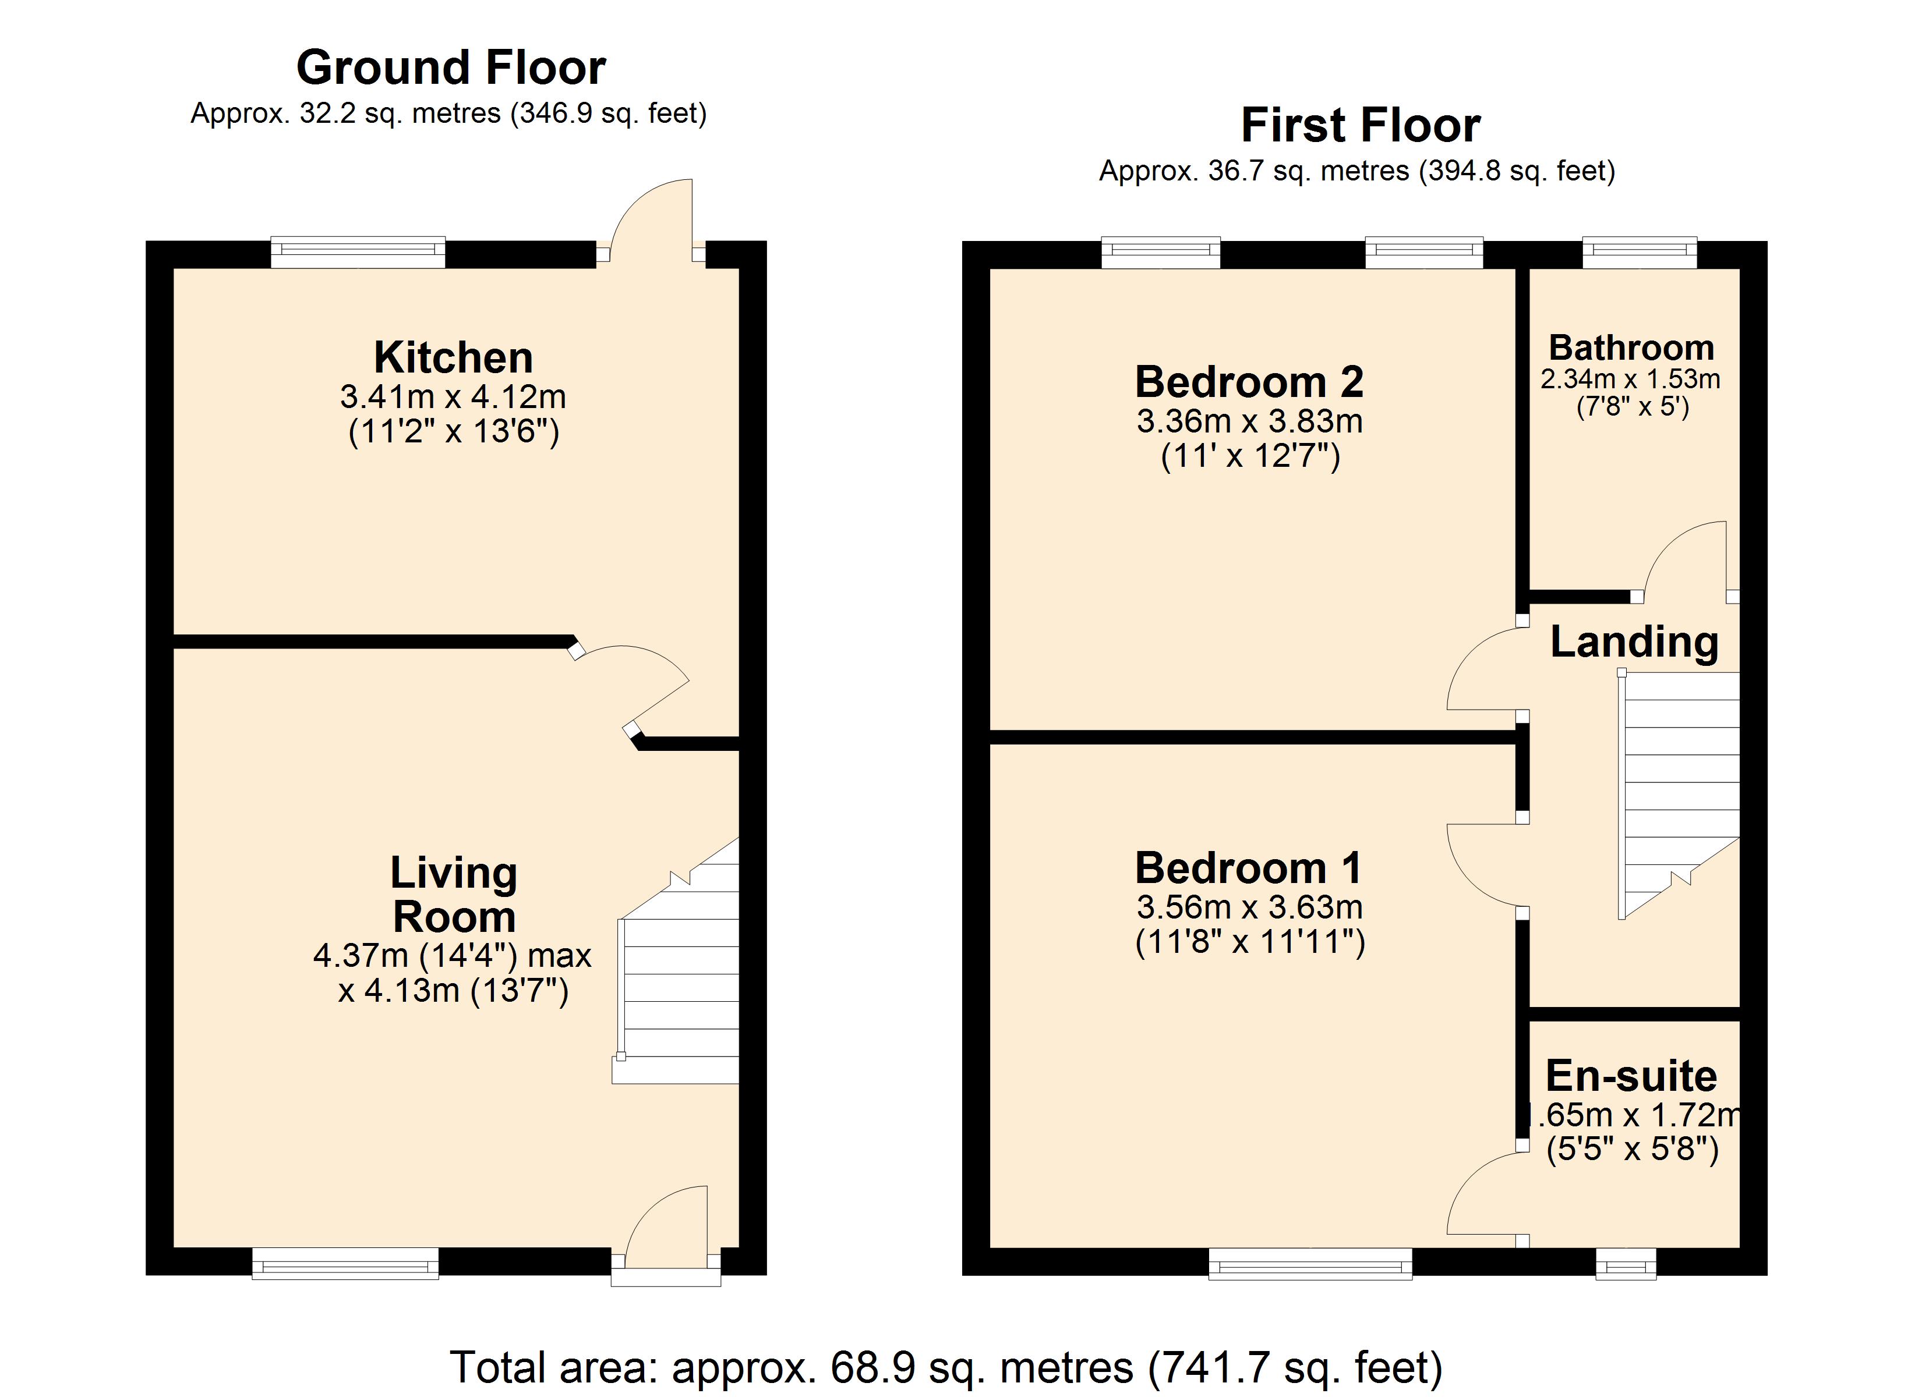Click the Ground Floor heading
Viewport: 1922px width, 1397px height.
(451, 68)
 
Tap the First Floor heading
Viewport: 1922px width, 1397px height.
(1360, 125)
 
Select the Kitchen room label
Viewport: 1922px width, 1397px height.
(453, 357)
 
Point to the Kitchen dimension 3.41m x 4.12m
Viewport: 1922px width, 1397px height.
(453, 396)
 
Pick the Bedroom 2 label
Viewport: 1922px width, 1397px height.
(1249, 382)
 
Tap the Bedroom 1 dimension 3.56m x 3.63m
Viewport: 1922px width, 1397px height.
(1249, 907)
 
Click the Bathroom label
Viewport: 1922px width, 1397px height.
(1631, 348)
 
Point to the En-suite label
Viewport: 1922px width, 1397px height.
(1631, 1076)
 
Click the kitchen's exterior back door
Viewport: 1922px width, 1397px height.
(651, 220)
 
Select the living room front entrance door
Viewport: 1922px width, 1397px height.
(666, 1236)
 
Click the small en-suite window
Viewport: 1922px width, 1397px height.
(1626, 1263)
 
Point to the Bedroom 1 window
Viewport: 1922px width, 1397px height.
(1310, 1263)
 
